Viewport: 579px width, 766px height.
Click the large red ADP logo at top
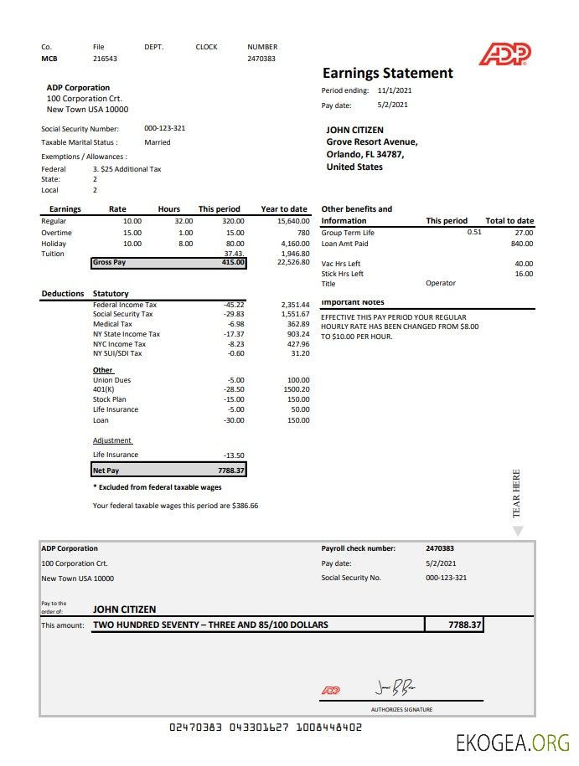tap(504, 54)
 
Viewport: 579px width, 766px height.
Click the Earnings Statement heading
tap(387, 73)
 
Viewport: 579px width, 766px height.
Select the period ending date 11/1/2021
tap(394, 90)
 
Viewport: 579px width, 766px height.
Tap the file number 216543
tap(105, 59)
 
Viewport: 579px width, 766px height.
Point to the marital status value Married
tap(157, 142)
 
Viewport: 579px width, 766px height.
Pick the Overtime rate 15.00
tap(132, 233)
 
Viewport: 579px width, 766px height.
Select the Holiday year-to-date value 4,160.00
tap(293, 244)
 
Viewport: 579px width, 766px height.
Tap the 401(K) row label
tap(104, 390)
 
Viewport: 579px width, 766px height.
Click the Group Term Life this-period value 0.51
tap(474, 232)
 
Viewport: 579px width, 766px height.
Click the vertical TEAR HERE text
tap(516, 493)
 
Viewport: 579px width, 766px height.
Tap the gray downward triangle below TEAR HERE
tap(517, 531)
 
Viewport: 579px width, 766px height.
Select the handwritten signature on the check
tap(395, 688)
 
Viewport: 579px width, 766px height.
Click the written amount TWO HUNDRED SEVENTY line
tap(210, 625)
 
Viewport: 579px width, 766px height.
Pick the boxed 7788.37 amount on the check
tap(453, 625)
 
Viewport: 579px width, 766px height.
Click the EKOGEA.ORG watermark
tap(513, 742)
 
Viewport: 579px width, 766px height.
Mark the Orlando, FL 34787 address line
tap(364, 154)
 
